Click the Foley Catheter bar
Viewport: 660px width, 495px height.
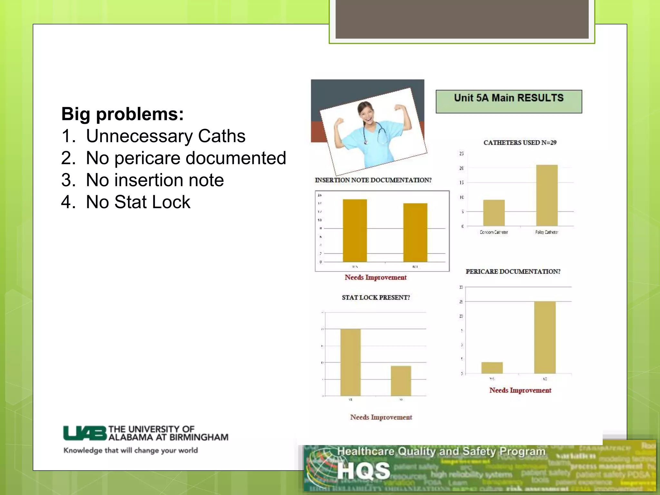pos(547,195)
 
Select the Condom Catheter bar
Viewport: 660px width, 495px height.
pos(494,213)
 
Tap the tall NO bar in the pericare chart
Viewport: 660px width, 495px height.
pos(545,337)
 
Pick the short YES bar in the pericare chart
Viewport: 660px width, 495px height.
pos(492,368)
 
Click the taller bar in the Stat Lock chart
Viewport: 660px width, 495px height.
pos(350,362)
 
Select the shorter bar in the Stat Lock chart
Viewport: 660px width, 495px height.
pos(401,381)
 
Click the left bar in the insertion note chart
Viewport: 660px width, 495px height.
pos(354,230)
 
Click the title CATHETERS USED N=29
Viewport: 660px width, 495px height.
pos(520,143)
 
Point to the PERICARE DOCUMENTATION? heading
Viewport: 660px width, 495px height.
pos(513,272)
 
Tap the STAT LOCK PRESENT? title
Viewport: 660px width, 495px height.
pos(376,297)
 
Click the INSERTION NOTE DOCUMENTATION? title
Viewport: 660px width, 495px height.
pos(373,180)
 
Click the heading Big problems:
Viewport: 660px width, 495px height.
pos(122,114)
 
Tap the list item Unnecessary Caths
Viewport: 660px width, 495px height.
pos(165,136)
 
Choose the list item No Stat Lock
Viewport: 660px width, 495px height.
pos(138,202)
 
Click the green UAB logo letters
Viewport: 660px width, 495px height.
pos(85,433)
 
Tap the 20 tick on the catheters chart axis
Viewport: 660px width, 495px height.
pos(461,168)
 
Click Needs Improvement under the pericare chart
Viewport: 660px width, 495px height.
pos(520,390)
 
